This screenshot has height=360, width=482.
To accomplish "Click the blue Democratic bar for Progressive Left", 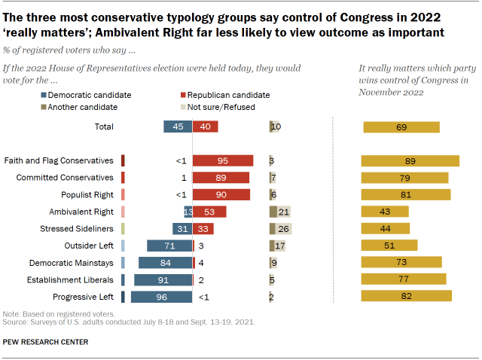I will coord(161,297).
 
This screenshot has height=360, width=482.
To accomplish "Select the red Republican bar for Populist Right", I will coord(221,194).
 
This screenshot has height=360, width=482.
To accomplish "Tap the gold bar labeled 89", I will coord(410,160).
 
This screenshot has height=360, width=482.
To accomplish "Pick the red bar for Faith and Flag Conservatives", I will coord(223,160).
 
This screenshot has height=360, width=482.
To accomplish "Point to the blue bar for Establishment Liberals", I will coord(163,279).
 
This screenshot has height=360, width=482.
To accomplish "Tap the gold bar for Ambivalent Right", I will coord(385,212).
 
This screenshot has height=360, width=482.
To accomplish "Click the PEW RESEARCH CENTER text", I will coord(45,342).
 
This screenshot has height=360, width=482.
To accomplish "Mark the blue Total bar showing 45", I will coord(177,127).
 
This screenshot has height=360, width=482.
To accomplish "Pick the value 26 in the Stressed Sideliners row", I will coord(285,228).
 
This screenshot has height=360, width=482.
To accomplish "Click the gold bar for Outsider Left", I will coord(389,246).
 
